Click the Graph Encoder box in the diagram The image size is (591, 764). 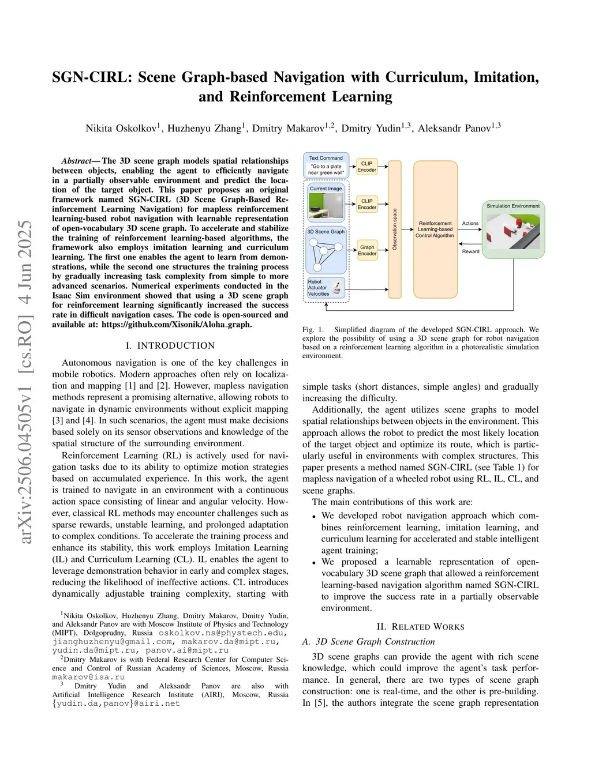pyautogui.click(x=367, y=250)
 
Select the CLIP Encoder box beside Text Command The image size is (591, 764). pyautogui.click(x=366, y=167)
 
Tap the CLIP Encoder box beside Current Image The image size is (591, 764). pyautogui.click(x=366, y=204)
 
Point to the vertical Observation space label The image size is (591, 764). pyautogui.click(x=395, y=229)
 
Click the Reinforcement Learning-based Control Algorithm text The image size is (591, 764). pyautogui.click(x=435, y=229)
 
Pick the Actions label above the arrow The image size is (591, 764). pyautogui.click(x=470, y=223)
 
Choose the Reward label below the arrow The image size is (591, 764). pyautogui.click(x=470, y=251)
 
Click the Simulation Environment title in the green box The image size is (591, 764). pyautogui.click(x=513, y=206)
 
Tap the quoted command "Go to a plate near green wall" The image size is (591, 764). pyautogui.click(x=326, y=170)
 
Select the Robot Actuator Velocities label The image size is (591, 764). pyautogui.click(x=318, y=288)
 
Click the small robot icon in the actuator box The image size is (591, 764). pyautogui.click(x=337, y=289)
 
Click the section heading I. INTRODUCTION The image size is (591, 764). pyautogui.click(x=170, y=345)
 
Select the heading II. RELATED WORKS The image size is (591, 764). pyautogui.click(x=420, y=627)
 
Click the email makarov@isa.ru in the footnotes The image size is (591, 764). pyautogui.click(x=88, y=677)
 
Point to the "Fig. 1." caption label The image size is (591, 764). pyautogui.click(x=313, y=330)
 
